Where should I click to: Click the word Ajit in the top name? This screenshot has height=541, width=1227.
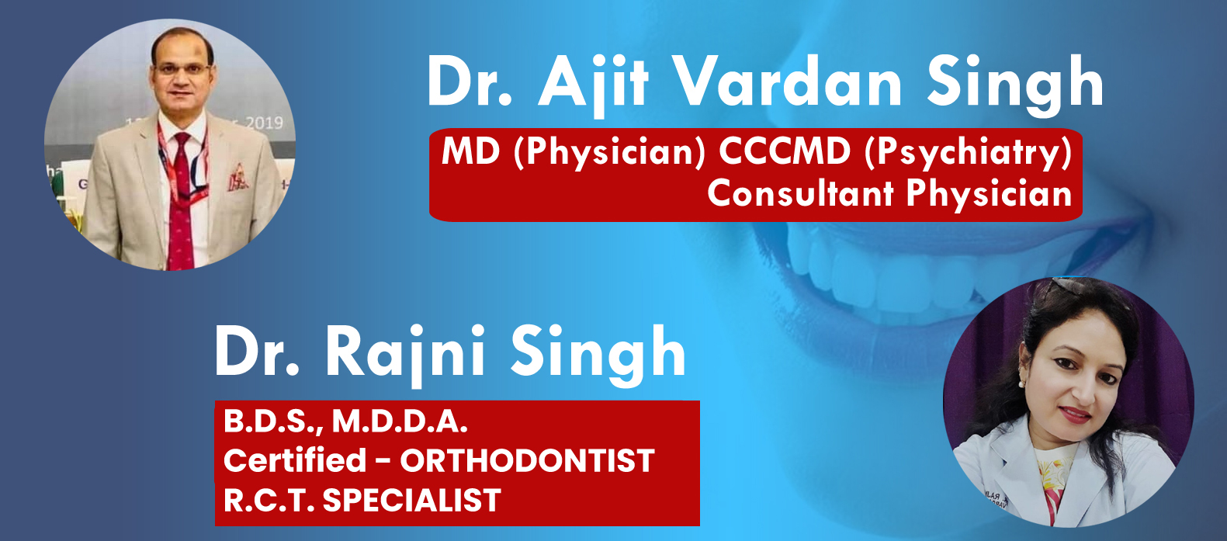594,84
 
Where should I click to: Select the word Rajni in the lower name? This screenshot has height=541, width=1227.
405,353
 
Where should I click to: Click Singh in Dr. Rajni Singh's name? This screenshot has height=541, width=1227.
598,354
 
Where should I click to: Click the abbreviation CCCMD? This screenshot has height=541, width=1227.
785,151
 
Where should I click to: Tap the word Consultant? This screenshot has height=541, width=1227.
801,193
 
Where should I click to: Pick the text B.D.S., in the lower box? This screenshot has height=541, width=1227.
273,422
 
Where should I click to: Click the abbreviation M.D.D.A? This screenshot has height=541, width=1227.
400,421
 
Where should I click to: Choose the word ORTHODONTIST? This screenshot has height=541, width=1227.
527,460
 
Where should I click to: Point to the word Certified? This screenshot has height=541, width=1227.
295,460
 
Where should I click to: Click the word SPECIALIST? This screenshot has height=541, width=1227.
411,500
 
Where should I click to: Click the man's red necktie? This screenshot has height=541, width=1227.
182,208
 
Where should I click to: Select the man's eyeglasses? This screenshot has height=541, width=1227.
182,70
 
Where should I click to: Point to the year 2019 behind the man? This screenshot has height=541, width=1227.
264,123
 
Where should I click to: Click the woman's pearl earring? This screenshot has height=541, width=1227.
1021,384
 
